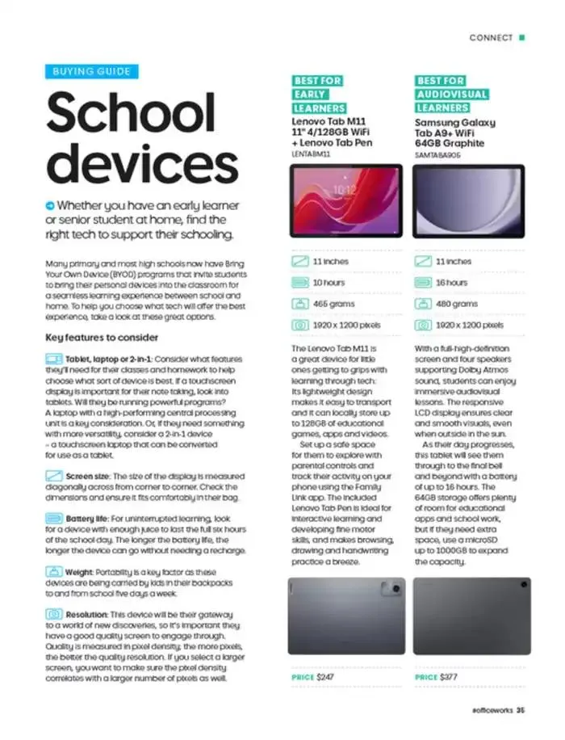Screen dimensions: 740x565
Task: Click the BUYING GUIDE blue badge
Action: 91,72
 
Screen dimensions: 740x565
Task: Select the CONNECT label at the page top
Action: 491,37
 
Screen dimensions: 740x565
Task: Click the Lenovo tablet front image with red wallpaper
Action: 345,201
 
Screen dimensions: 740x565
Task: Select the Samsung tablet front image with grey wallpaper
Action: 471,201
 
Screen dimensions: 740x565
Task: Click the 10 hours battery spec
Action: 329,283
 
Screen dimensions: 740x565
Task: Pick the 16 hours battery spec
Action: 451,283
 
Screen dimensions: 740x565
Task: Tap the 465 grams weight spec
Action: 331,304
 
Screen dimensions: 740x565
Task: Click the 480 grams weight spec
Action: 456,304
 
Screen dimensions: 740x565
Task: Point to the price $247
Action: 325,676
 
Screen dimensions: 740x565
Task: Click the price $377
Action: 450,676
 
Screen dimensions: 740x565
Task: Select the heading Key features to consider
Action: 102,337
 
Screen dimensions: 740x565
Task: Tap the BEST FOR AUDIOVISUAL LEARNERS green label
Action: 452,95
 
